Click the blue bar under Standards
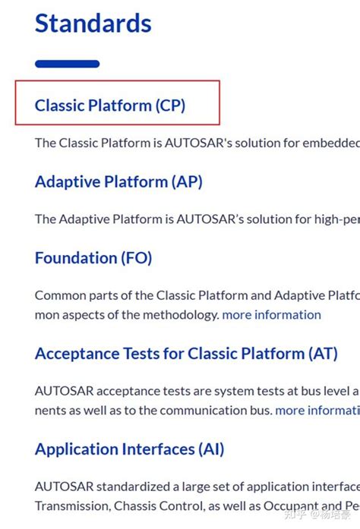pos(67,64)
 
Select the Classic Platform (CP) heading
pos(110,105)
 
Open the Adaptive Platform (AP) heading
pos(118,182)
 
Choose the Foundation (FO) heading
pos(93,258)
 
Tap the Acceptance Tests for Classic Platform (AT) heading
pos(186,354)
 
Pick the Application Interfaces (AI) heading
pos(129,449)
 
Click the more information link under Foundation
pos(271,314)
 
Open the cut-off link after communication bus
pos(317,411)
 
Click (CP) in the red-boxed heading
pos(171,105)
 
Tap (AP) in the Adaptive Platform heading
pos(188,182)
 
